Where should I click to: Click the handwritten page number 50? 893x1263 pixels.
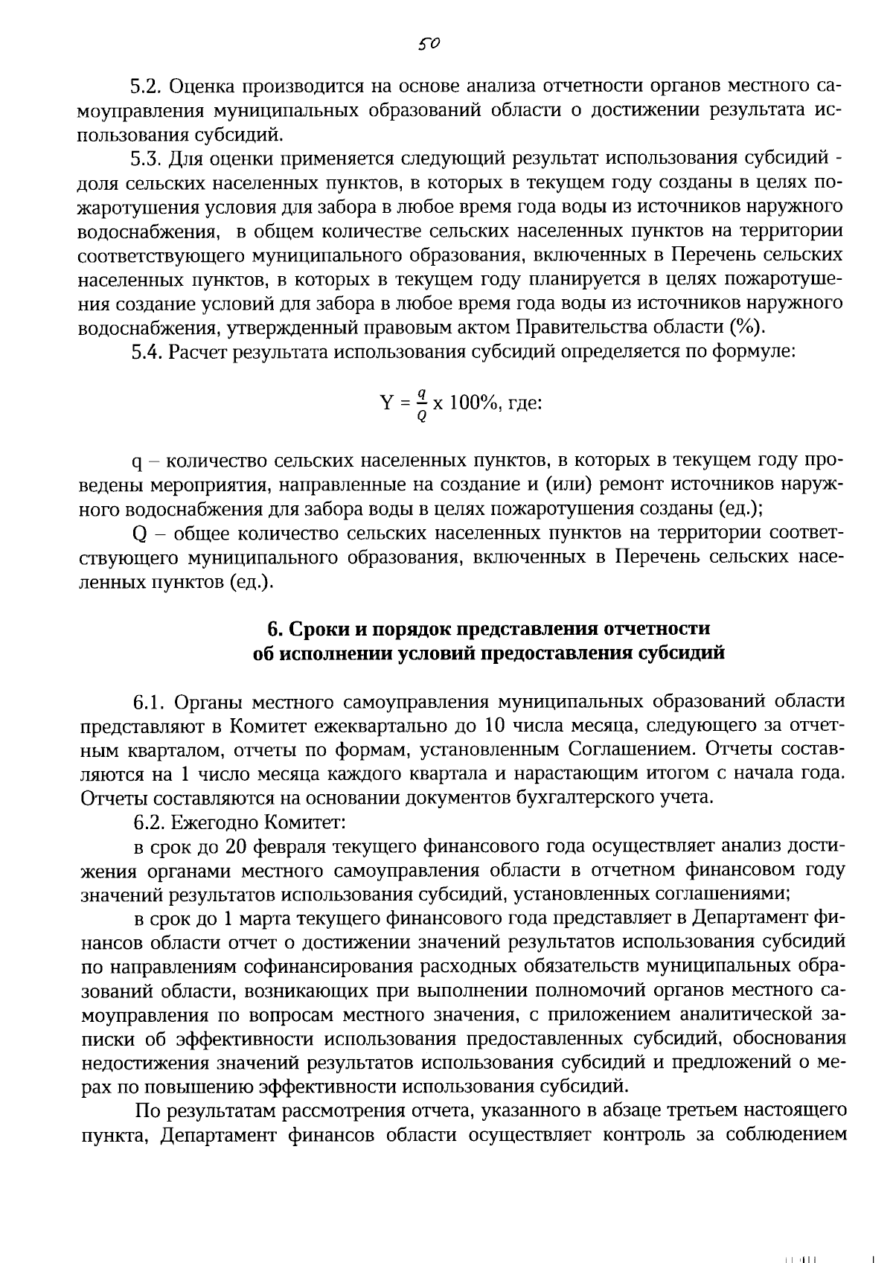(x=429, y=44)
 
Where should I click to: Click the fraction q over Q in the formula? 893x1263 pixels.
(x=421, y=404)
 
